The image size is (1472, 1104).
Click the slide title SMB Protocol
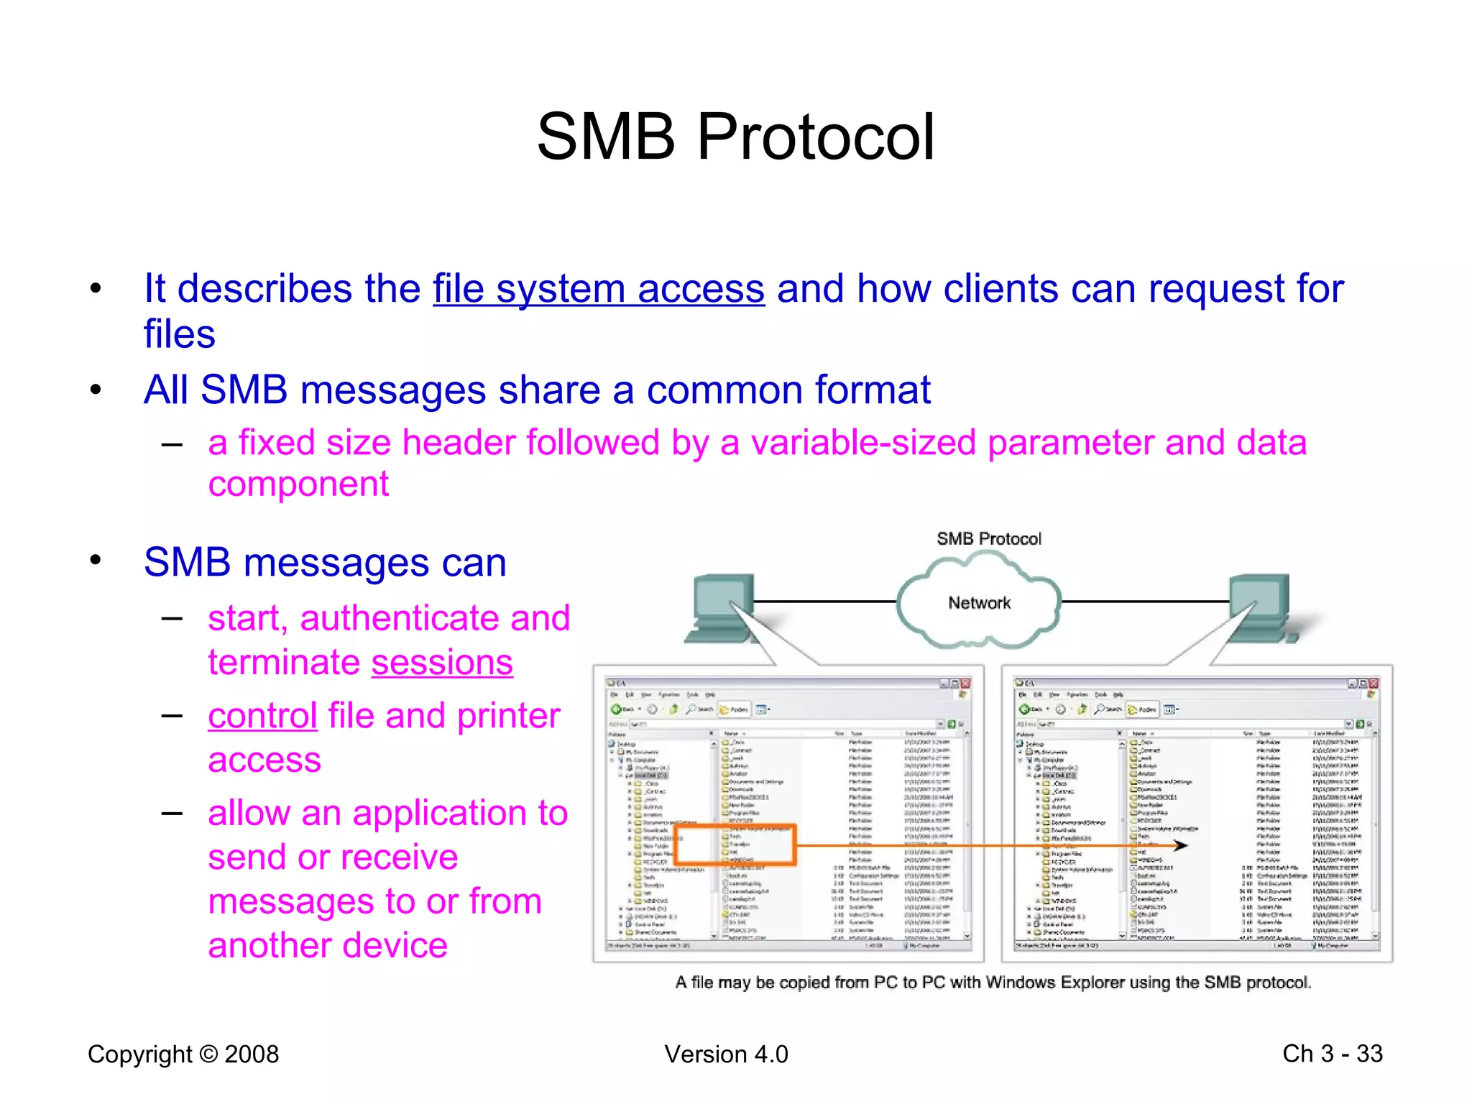tap(735, 137)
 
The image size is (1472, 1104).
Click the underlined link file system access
tap(598, 289)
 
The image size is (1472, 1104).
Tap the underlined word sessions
tap(441, 662)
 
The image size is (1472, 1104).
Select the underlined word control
tap(262, 716)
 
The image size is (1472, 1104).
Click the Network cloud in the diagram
tap(978, 603)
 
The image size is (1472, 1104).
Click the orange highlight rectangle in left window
tap(735, 844)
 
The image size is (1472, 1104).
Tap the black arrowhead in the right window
tap(1180, 845)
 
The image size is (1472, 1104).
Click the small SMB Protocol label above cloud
tap(988, 539)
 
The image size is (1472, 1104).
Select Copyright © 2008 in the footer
tap(183, 1054)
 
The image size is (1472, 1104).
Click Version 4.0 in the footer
tap(726, 1054)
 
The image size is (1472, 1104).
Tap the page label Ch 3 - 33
tap(1332, 1054)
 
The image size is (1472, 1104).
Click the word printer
tap(508, 716)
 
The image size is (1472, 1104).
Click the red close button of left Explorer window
tap(966, 684)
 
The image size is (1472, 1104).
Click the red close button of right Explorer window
tap(1374, 684)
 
